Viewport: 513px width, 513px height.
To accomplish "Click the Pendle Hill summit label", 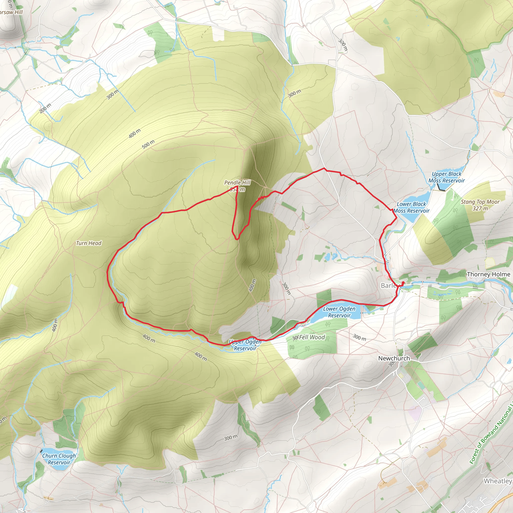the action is point(237,183).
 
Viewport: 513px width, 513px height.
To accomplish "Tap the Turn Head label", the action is point(89,243).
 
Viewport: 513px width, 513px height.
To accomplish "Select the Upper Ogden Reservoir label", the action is point(245,345).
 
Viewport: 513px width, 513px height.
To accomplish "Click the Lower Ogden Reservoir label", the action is point(339,312).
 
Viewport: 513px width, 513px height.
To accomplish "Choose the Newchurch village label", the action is point(394,358).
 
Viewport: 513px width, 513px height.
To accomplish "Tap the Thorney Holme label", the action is point(488,274).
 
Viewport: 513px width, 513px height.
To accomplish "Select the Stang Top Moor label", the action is point(480,202).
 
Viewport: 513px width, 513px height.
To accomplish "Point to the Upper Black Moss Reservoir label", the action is point(447,177).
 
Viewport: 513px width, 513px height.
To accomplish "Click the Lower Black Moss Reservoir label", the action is point(411,207).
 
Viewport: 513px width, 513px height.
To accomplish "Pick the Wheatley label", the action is point(497,481).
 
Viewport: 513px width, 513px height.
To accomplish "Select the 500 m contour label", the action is point(148,144).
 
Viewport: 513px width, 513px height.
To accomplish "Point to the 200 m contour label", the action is point(45,108).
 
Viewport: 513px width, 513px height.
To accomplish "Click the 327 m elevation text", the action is point(480,208).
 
